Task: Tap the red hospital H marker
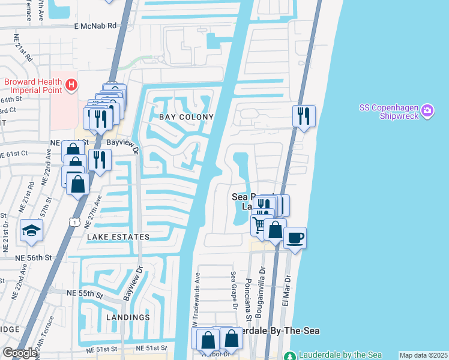tap(71, 86)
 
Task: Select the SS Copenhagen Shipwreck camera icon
tap(427, 111)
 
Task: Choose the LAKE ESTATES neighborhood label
tap(118, 237)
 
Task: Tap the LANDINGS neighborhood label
tap(127, 317)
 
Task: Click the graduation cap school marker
tap(31, 231)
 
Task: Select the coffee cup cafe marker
tap(295, 238)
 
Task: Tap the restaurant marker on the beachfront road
tap(304, 115)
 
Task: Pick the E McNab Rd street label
tap(95, 26)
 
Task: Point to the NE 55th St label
tap(85, 293)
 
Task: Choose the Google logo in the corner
tap(19, 353)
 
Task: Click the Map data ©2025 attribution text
tap(424, 355)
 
